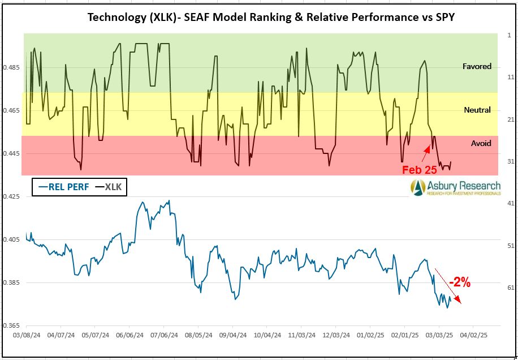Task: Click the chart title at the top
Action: click(x=271, y=16)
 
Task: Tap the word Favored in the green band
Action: click(x=477, y=66)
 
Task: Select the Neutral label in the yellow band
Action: click(x=477, y=110)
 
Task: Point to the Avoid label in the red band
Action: click(x=481, y=143)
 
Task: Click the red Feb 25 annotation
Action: click(x=419, y=169)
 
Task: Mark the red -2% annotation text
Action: click(x=460, y=282)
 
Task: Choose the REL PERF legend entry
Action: click(x=62, y=187)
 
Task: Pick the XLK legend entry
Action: click(x=111, y=187)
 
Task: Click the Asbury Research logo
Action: click(x=456, y=188)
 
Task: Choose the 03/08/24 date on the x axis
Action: click(x=26, y=335)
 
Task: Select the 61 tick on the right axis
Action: click(x=510, y=288)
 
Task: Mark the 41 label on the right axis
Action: click(x=510, y=203)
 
